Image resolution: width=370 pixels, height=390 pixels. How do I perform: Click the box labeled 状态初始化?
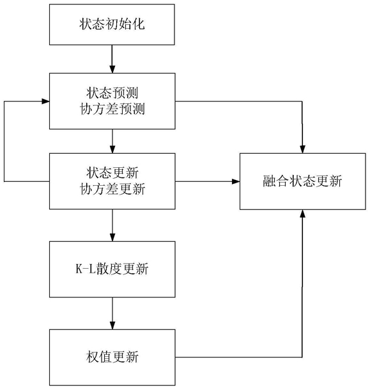[x=112, y=24]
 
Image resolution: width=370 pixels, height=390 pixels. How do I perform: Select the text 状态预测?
[x=112, y=93]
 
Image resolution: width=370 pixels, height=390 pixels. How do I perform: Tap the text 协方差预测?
[x=112, y=109]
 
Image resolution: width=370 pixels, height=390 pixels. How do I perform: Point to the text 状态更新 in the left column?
[x=112, y=172]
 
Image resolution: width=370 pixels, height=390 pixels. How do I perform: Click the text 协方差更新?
[x=112, y=189]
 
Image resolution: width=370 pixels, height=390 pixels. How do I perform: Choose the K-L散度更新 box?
[x=112, y=269]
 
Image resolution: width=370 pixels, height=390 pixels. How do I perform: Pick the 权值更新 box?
[x=112, y=357]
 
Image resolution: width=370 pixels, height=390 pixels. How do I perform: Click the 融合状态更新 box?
[x=302, y=181]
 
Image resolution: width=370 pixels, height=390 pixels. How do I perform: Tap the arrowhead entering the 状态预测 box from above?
[x=112, y=70]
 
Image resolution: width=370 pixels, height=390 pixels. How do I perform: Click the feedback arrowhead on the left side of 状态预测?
[x=45, y=101]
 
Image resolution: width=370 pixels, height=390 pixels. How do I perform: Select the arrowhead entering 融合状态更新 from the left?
[x=236, y=181]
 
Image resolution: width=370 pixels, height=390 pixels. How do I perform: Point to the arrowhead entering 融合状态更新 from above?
[x=302, y=149]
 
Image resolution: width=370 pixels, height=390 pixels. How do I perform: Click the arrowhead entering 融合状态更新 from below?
[x=302, y=213]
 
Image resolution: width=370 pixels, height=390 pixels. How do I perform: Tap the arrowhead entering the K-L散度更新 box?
[x=112, y=237]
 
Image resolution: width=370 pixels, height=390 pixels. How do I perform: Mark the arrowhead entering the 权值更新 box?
[x=112, y=326]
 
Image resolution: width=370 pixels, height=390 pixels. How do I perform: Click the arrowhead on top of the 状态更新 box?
[x=112, y=149]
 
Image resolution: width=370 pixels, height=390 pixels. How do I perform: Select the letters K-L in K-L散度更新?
[x=86, y=269]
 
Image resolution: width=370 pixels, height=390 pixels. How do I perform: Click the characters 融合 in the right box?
[x=276, y=181]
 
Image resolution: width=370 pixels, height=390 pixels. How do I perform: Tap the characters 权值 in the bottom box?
[x=99, y=357]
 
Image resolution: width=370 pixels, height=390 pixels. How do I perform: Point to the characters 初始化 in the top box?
[x=125, y=24]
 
